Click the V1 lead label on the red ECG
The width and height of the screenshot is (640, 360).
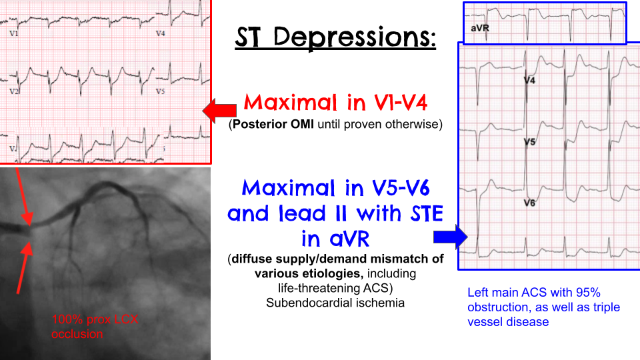14,33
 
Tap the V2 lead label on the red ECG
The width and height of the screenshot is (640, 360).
14,91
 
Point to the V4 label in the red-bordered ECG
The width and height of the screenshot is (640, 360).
161,33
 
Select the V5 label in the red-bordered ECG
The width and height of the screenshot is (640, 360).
161,91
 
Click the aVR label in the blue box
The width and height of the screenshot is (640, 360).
480,28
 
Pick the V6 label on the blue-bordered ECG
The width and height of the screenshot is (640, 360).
529,203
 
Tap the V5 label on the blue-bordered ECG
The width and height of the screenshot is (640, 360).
529,142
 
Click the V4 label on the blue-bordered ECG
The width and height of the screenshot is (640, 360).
529,81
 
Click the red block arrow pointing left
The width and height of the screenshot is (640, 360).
219,111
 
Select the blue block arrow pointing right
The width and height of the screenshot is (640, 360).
451,237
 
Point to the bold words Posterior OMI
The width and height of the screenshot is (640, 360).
273,124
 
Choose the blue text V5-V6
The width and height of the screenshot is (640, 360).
401,188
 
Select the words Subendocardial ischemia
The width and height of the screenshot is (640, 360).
335,303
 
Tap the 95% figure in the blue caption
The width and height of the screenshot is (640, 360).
588,293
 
